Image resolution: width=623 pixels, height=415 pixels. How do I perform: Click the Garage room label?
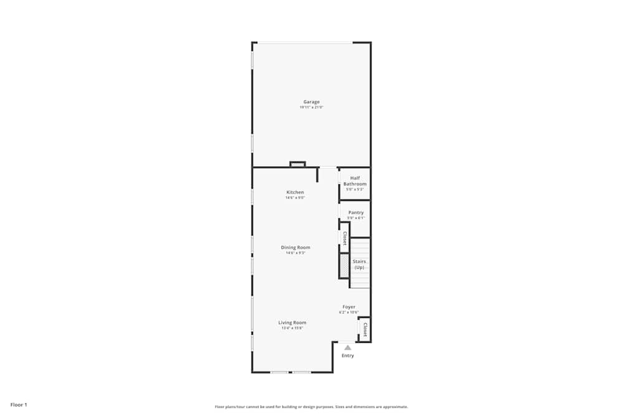point(311,102)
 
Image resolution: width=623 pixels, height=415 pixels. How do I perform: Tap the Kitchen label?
point(295,192)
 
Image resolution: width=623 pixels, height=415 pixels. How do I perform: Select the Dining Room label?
point(295,248)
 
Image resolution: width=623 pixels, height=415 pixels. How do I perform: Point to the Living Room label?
point(292,322)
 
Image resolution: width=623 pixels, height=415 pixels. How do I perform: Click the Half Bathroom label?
point(355,181)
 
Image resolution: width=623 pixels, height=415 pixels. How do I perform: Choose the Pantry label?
point(356,213)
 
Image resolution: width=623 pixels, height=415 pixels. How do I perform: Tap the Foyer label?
point(349,307)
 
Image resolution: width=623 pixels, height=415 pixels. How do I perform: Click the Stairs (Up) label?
point(359,264)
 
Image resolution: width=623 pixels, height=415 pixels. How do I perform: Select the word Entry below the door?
point(348,356)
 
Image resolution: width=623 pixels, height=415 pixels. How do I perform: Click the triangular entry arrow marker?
point(348,348)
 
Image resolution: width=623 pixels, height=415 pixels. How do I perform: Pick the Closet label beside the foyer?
point(364,330)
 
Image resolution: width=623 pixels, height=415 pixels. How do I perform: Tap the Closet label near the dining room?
point(345,238)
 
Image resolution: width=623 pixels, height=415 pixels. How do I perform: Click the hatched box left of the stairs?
point(344,266)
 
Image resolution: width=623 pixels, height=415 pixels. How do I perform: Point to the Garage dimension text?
point(311,108)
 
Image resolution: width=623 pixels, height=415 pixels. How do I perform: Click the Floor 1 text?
point(19,405)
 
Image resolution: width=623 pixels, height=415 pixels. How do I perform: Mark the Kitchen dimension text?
point(295,198)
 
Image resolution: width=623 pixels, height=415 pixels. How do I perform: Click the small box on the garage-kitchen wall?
point(298,164)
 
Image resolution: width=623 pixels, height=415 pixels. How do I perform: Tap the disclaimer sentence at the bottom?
point(311,407)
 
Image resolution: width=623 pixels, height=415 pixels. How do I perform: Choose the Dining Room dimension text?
point(295,253)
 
